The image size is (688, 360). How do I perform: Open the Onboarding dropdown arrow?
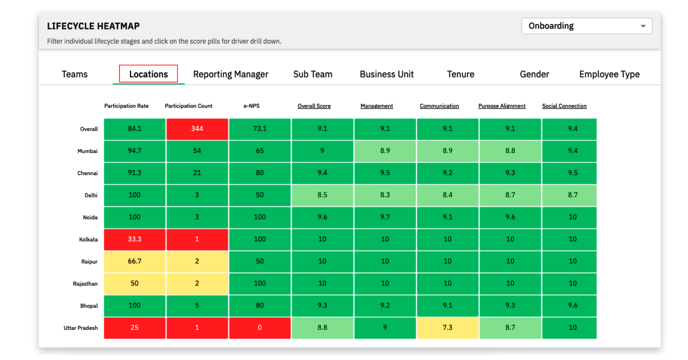point(643,26)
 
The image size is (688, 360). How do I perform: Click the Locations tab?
point(148,74)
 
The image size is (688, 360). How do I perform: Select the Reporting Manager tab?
point(230,74)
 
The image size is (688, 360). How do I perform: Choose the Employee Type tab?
point(609,74)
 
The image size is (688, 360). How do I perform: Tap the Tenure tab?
point(460,74)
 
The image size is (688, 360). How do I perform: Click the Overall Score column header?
point(314,106)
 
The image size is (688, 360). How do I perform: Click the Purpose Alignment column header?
point(502,106)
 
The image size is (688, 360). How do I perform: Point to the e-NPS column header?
point(252,106)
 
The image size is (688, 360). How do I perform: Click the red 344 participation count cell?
point(197,129)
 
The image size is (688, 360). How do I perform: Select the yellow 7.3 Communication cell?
point(447,327)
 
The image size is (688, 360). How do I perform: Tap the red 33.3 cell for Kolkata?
point(135,239)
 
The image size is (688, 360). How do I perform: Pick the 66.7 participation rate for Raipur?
point(135,261)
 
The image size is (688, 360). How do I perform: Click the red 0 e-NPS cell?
point(260,327)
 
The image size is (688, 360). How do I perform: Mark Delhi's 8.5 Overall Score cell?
point(322,195)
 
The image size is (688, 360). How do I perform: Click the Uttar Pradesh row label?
point(80,328)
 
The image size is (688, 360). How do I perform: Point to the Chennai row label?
point(87,173)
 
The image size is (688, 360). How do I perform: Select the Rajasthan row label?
point(85,283)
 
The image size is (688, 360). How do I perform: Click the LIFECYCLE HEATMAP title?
point(93,26)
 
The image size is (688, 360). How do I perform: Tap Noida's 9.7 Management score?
point(385,217)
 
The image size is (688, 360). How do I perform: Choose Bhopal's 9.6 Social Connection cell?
point(572,305)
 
